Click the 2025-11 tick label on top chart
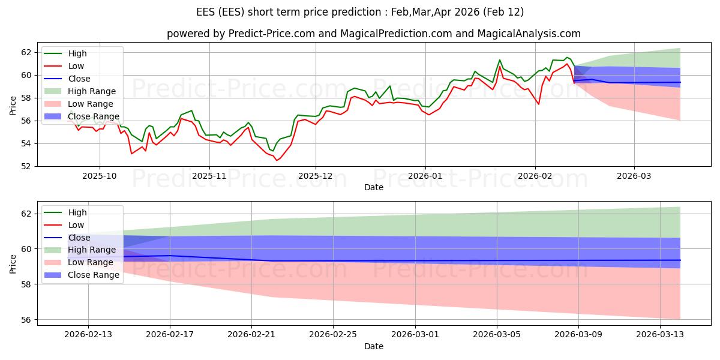(209, 176)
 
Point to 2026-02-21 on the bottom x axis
(251, 335)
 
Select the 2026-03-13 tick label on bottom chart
(660, 335)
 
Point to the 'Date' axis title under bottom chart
(374, 346)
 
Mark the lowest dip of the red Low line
(277, 160)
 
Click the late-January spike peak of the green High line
(500, 60)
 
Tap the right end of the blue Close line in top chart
(680, 82)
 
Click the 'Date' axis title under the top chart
(374, 187)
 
